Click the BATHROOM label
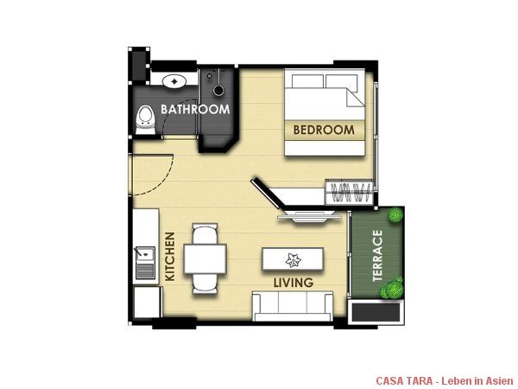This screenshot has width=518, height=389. pyautogui.click(x=195, y=109)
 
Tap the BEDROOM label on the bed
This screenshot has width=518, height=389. pyautogui.click(x=324, y=130)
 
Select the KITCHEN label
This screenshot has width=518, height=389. pyautogui.click(x=170, y=257)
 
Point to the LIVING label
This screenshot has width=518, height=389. pyautogui.click(x=294, y=283)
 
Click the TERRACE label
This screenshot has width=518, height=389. pyautogui.click(x=377, y=255)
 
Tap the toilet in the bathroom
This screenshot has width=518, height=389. pyautogui.click(x=145, y=120)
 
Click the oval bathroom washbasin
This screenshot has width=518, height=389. pyautogui.click(x=174, y=80)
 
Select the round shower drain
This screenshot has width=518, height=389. pyautogui.click(x=218, y=90)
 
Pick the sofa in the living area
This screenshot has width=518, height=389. pyautogui.click(x=293, y=306)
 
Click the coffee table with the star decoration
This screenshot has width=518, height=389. pyautogui.click(x=293, y=259)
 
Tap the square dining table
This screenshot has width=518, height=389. pyautogui.click(x=205, y=258)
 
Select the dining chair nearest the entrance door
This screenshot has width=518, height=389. pyautogui.click(x=205, y=234)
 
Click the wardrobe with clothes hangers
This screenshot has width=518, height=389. pyautogui.click(x=350, y=193)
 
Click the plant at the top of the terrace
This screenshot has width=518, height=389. pyautogui.click(x=395, y=215)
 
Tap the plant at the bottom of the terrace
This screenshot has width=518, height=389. pyautogui.click(x=392, y=289)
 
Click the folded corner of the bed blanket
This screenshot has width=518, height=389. pyautogui.click(x=356, y=97)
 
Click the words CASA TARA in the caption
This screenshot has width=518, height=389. pyautogui.click(x=404, y=380)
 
